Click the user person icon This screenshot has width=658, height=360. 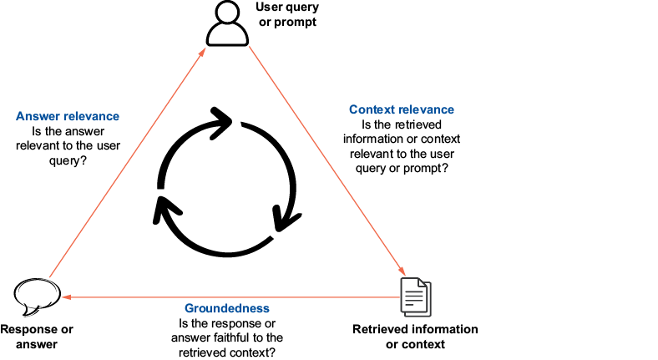[x=227, y=24]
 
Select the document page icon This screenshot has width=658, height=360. [x=415, y=296]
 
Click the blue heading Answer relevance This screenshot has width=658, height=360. [x=68, y=116]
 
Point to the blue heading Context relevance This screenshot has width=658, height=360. [x=401, y=109]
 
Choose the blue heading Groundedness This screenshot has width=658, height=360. [x=227, y=308]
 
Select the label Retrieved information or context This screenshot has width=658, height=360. [x=415, y=336]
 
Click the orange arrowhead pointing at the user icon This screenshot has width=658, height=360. [x=204, y=53]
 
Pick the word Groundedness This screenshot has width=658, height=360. [x=227, y=308]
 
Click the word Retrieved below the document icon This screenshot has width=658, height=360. [x=380, y=329]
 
